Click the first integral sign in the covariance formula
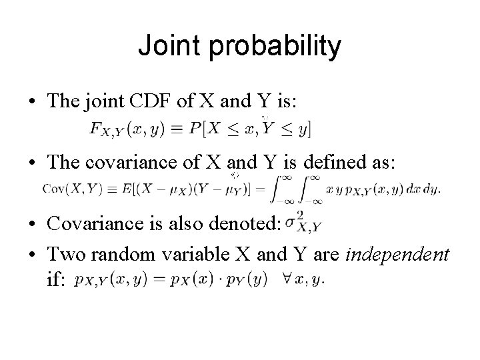tap(281, 189)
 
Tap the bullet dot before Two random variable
tap(32, 254)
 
